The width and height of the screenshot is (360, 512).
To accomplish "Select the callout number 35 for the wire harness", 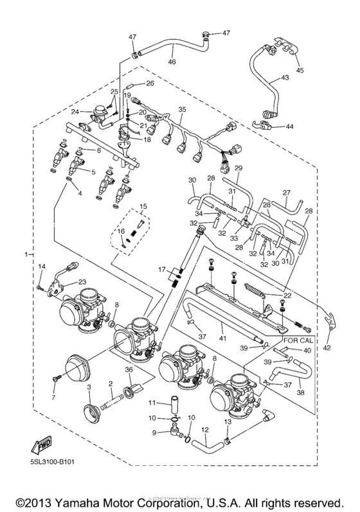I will (182, 110).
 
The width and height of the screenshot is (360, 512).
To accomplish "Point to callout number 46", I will (172, 62).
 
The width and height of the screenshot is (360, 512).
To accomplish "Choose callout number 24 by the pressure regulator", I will (75, 112).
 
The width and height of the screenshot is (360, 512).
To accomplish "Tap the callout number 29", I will (237, 168).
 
